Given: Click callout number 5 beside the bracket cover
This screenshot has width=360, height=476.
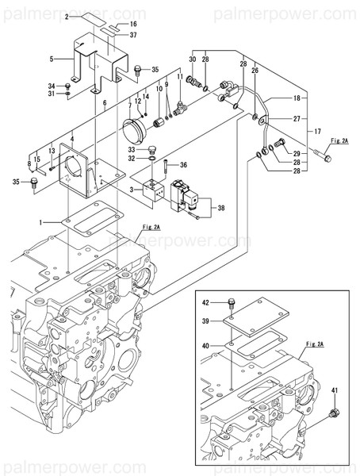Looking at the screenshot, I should pos(52,59).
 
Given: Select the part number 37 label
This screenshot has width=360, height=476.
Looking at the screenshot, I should pos(133,36).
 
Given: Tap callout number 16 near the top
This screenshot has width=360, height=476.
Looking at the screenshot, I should pos(133,25).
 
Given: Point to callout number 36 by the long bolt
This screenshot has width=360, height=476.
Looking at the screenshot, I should pos(183,165).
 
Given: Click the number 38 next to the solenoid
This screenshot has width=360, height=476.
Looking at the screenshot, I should pos(221,209).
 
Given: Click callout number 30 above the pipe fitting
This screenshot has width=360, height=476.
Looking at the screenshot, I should pos(193,59).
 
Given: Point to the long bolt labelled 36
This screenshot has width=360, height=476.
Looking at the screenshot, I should pos(166,169).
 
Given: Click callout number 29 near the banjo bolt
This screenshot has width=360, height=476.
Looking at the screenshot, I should pos(297,152).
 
